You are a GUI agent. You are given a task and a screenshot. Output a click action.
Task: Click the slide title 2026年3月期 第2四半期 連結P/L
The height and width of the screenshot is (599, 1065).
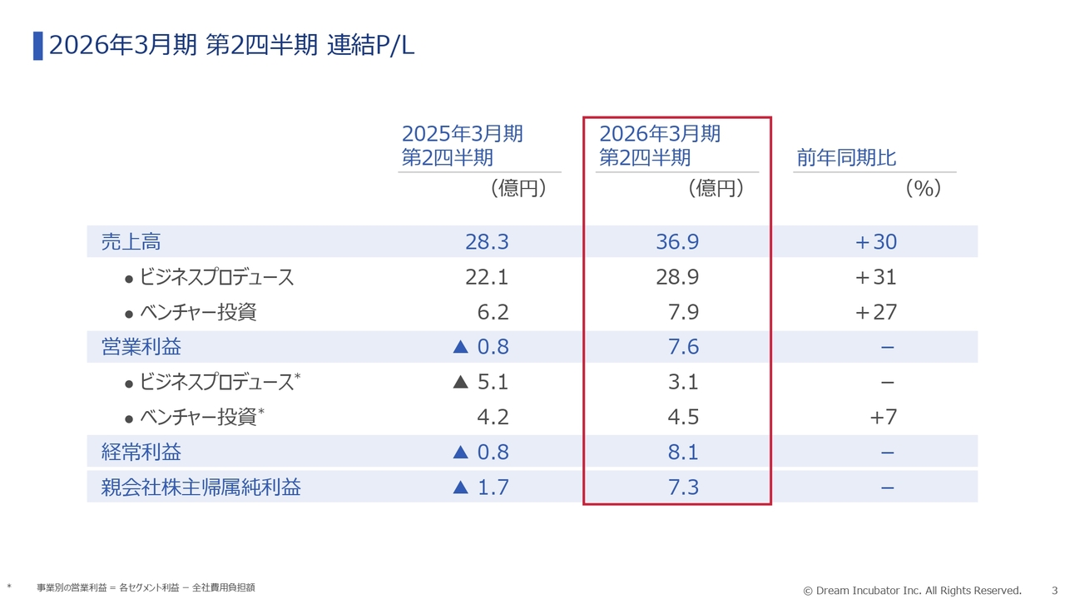tap(231, 46)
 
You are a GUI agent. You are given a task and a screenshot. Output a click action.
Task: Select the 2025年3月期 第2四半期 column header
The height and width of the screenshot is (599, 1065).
tap(462, 146)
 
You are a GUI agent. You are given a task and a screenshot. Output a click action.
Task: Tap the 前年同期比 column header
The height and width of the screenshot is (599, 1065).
tap(846, 158)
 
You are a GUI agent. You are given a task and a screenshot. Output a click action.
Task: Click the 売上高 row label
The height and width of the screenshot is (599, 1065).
tap(131, 242)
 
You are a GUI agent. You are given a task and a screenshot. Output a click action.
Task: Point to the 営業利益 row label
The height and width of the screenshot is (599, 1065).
tap(141, 347)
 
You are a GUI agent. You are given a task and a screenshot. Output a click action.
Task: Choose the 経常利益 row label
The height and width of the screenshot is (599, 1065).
tap(141, 452)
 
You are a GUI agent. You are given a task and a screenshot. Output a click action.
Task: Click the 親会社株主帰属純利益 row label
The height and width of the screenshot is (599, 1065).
tap(201, 487)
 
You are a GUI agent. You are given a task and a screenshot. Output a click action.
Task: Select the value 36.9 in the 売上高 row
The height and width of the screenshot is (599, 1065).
tap(677, 242)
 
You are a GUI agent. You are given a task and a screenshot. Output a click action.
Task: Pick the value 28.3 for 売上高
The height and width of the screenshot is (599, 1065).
tap(487, 242)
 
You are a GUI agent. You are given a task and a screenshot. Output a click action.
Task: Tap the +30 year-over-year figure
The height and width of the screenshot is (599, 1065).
tap(875, 242)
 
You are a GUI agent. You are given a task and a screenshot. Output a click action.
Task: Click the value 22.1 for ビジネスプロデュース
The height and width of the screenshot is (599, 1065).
tap(487, 277)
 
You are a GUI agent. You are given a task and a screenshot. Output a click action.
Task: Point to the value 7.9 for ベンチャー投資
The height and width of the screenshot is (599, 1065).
tap(683, 312)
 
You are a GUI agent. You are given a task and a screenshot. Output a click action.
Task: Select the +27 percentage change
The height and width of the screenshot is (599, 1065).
tap(875, 312)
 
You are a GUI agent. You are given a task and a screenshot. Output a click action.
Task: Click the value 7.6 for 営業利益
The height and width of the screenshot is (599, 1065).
tap(683, 347)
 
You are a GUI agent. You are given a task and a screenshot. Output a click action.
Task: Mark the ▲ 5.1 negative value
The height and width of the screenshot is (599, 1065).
tap(480, 382)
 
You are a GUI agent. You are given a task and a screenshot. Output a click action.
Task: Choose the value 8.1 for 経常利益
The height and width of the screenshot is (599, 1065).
tap(683, 452)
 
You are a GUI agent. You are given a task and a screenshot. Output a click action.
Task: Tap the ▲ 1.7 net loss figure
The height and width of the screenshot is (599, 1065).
tap(480, 487)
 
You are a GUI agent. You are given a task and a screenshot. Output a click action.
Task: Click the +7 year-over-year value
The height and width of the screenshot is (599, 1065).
tap(883, 417)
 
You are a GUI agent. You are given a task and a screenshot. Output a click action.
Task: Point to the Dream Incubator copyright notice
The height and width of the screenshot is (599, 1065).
tap(912, 590)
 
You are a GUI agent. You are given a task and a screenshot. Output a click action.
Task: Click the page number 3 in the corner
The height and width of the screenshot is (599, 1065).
tap(1054, 590)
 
